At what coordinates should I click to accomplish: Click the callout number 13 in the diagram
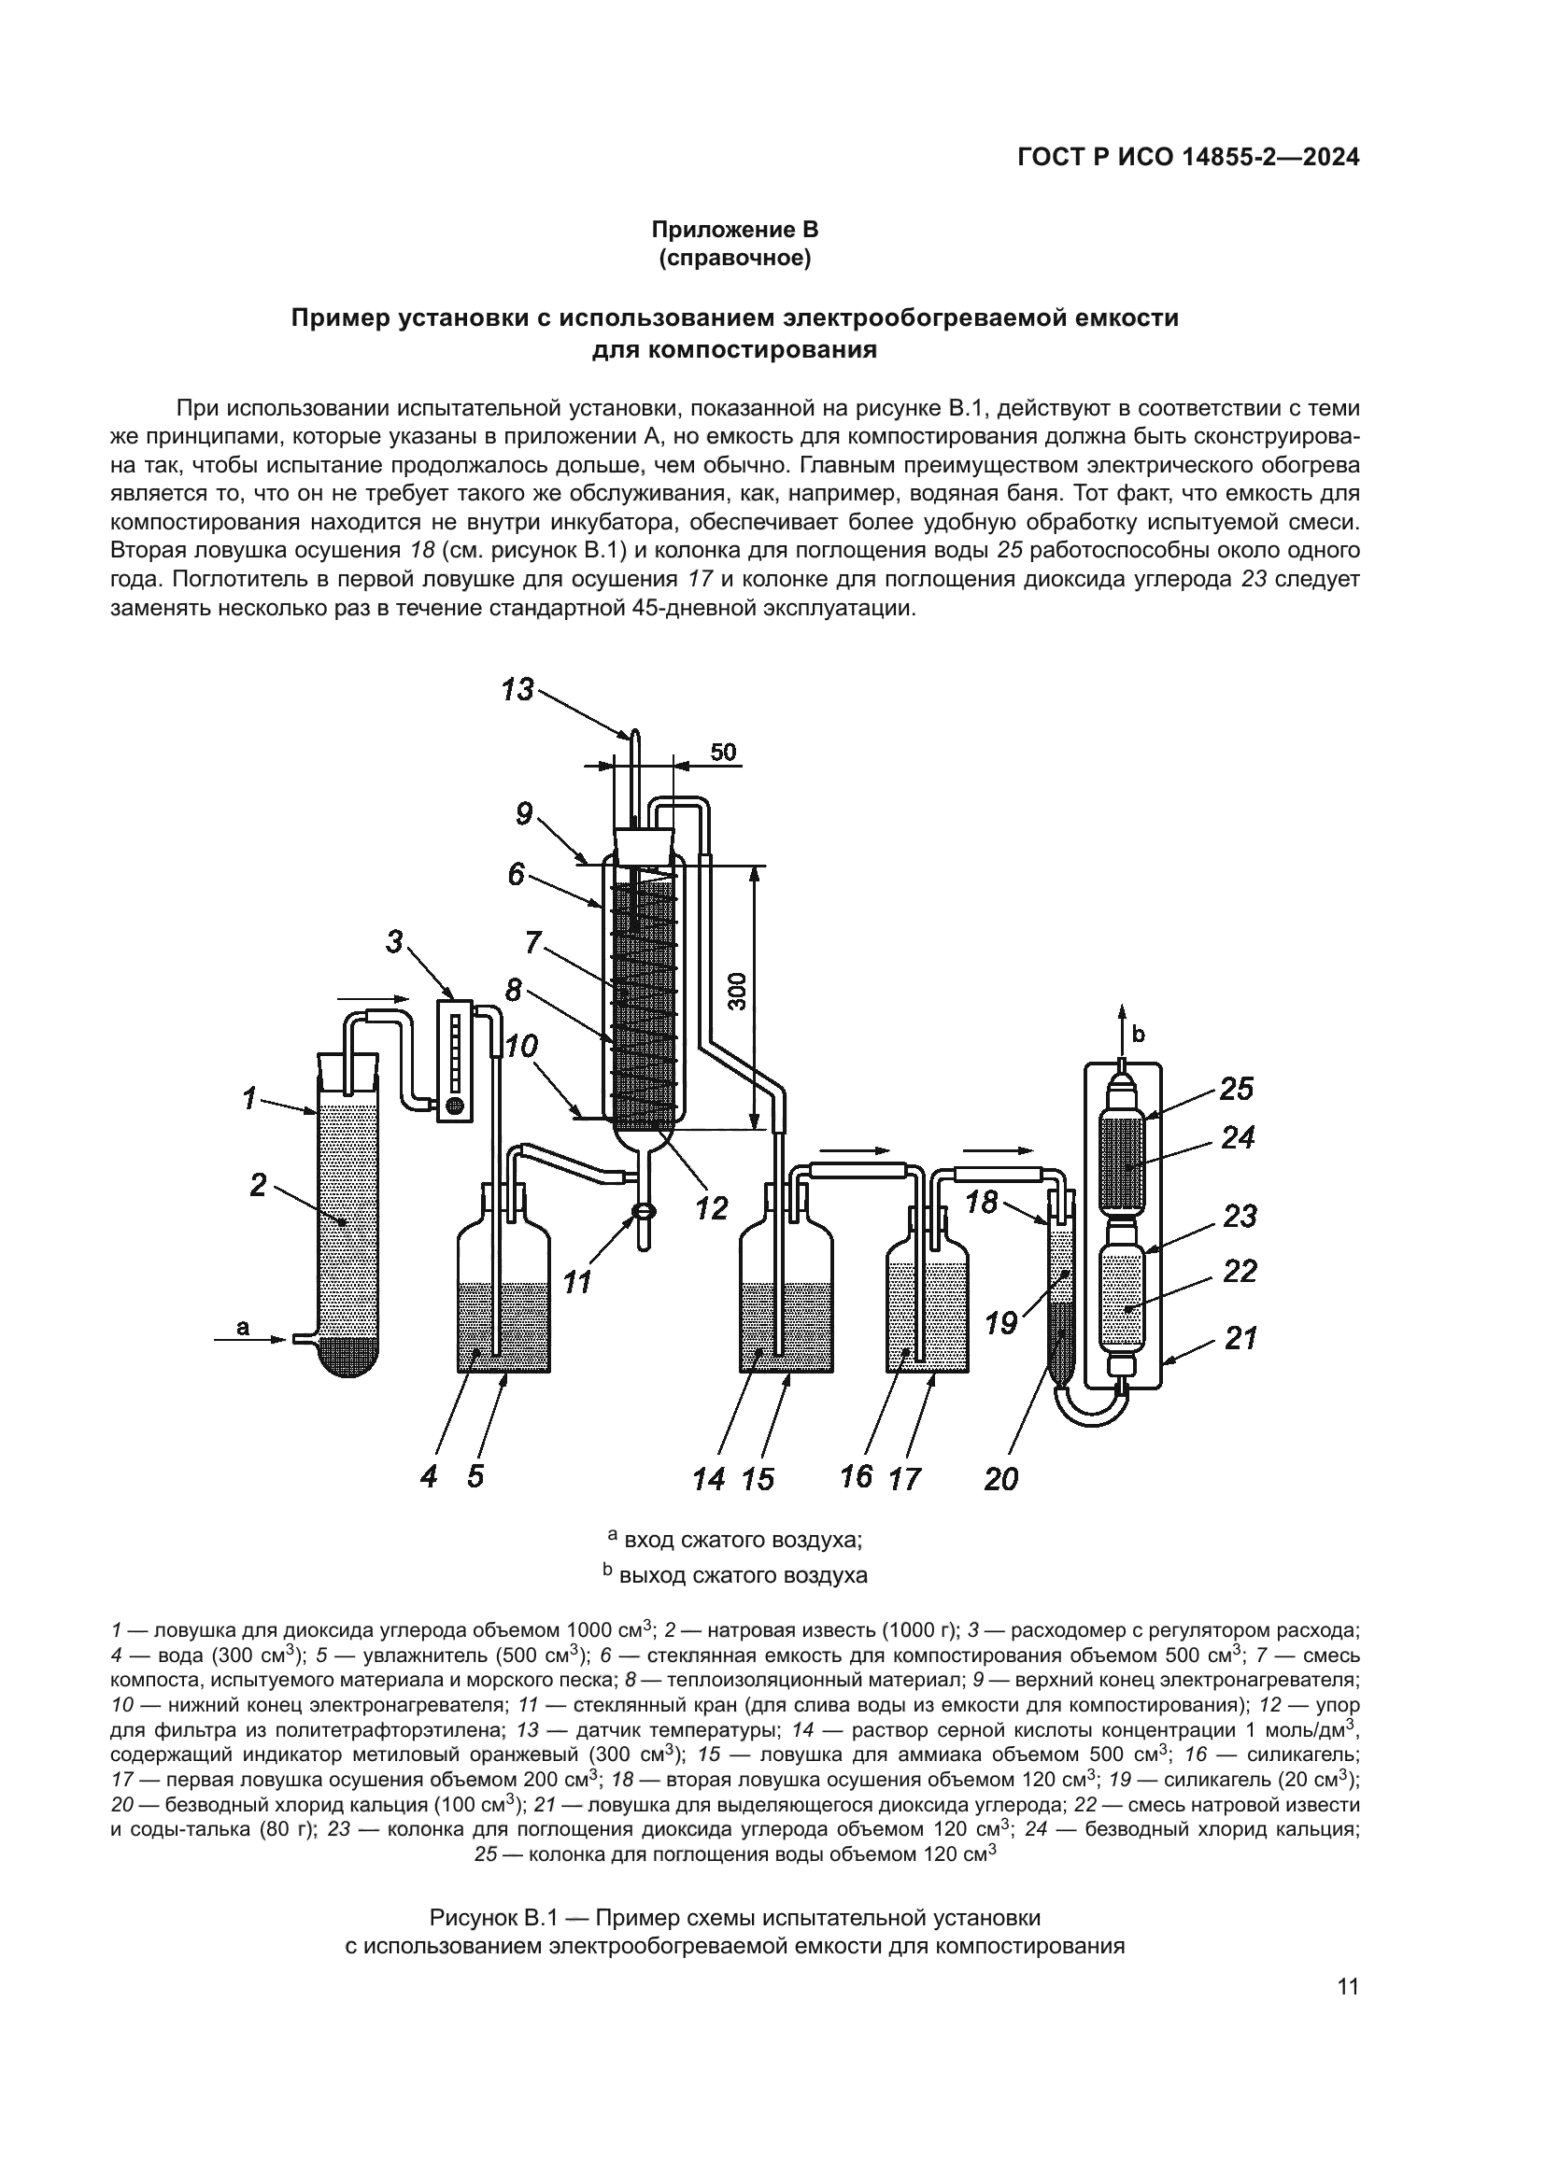[518, 689]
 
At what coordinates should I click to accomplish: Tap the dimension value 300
[741, 990]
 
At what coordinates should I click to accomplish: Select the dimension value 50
[723, 753]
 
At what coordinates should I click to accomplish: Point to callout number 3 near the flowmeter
[395, 942]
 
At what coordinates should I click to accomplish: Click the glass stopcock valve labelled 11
[642, 1212]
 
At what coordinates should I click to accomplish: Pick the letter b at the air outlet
[1139, 1032]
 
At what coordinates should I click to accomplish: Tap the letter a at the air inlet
[243, 1326]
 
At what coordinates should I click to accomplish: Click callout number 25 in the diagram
[1236, 1088]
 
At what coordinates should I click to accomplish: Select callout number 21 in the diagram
[1240, 1338]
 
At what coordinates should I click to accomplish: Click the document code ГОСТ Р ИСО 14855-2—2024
[1188, 158]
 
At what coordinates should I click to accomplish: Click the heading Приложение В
[734, 230]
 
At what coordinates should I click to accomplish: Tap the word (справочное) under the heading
[734, 259]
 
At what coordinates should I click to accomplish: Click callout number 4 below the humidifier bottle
[429, 1476]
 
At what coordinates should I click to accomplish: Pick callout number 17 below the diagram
[905, 1478]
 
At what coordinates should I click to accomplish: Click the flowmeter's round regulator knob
[455, 1106]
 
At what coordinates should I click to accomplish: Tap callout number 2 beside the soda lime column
[258, 1185]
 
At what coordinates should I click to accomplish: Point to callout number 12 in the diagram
[711, 1207]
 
